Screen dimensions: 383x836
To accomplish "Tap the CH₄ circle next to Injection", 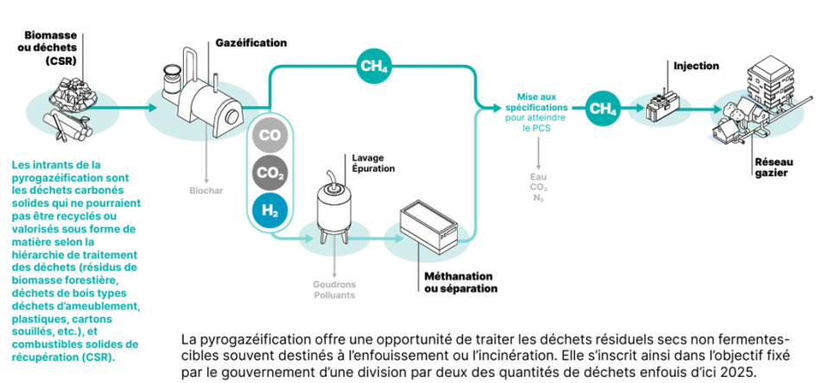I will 601,108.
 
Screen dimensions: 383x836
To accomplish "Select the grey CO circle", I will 269,137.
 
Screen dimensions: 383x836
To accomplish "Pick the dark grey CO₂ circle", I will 269,173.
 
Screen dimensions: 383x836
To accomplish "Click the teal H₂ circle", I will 269,210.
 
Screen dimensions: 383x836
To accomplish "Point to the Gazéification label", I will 250,42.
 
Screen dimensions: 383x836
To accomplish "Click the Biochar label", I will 206,190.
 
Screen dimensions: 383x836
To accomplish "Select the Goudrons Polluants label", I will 333,289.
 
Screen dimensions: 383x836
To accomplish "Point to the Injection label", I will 696,66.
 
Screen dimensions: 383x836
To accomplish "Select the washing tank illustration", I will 334,205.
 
